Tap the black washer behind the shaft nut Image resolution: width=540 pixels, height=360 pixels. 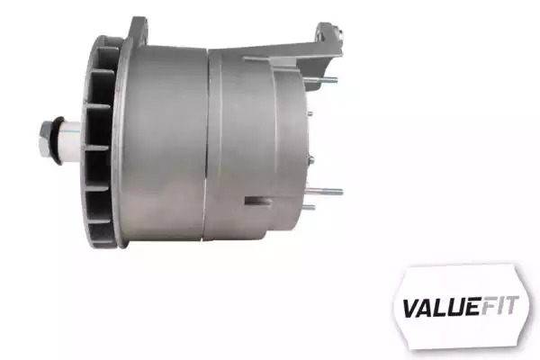(57, 140)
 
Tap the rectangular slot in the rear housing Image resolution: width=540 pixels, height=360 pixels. (258, 201)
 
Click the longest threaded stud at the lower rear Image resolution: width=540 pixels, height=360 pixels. (325, 191)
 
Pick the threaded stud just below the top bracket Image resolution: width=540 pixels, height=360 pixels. (320, 80)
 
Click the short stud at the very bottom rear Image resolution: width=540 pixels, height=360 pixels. (310, 207)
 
